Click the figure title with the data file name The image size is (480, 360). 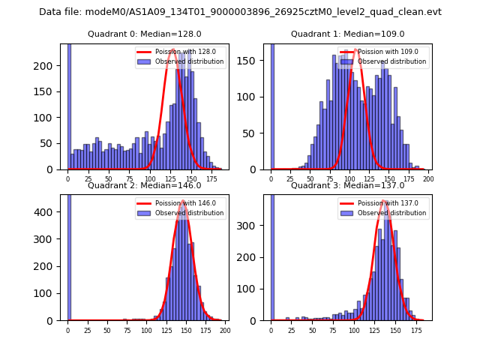(x=240, y=12)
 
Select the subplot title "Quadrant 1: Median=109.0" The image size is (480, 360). (x=347, y=34)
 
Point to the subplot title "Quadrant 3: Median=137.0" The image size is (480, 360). (x=347, y=185)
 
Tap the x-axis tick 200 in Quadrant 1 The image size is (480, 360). (x=428, y=179)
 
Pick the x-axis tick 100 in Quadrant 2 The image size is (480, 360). (x=145, y=330)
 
